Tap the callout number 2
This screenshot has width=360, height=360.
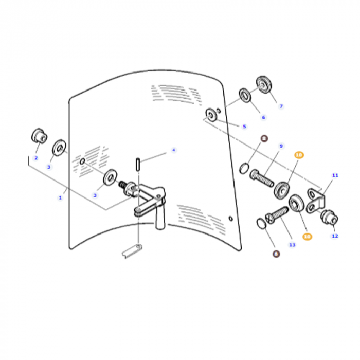(36, 158)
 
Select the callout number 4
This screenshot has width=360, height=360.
(173, 150)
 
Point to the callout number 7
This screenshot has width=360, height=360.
(281, 106)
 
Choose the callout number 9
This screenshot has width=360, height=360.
(281, 146)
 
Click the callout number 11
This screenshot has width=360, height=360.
(335, 175)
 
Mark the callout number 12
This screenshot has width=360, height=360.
(335, 236)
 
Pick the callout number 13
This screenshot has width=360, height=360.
(292, 245)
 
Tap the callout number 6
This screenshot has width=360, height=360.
(263, 117)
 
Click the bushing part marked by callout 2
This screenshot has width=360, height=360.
(39, 136)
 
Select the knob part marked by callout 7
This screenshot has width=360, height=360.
(265, 83)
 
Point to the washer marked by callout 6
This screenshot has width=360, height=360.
(245, 95)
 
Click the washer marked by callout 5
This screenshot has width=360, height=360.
(211, 114)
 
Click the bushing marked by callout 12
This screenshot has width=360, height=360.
(328, 219)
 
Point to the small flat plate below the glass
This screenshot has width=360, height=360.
(132, 252)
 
